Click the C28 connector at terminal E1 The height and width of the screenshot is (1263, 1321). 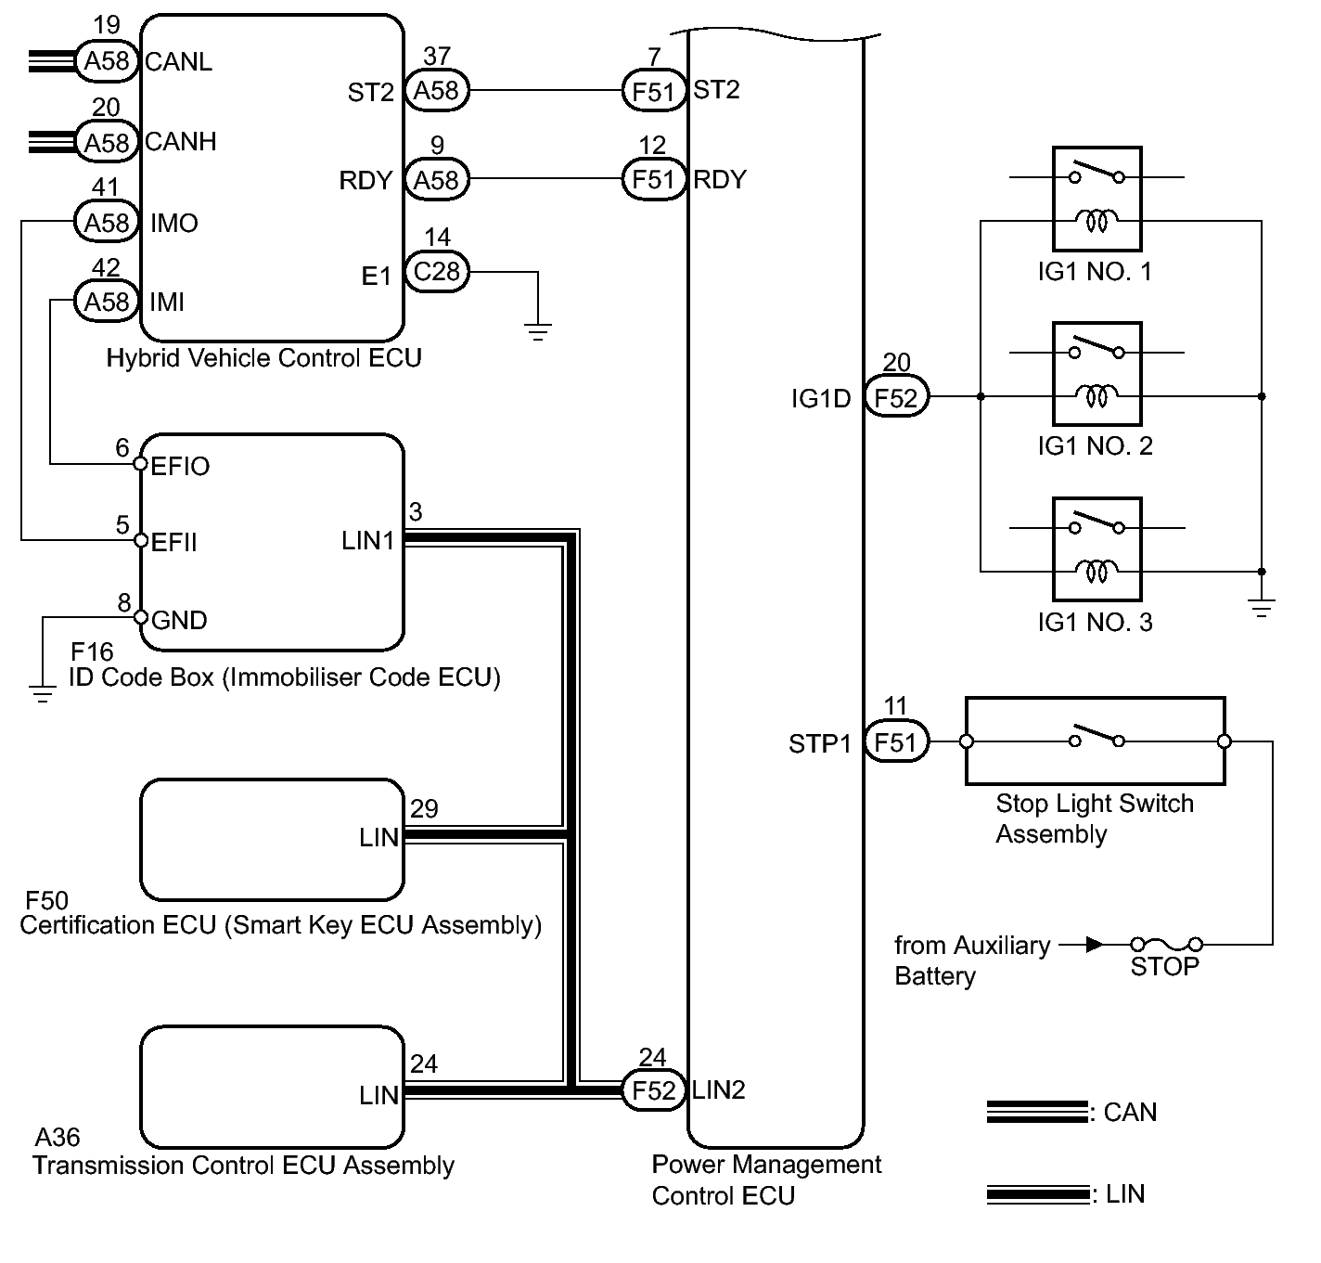point(437,272)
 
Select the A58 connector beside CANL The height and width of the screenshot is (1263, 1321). point(107,61)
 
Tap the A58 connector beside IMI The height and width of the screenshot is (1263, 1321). point(107,303)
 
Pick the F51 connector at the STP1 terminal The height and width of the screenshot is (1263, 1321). point(896,742)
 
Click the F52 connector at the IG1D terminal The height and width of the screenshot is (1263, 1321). point(896,398)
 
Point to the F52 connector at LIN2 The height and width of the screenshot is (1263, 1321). point(653,1090)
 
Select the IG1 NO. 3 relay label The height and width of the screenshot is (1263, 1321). point(1095,622)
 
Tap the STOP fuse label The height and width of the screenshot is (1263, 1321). point(1164,967)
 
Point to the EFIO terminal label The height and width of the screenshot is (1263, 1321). point(180,466)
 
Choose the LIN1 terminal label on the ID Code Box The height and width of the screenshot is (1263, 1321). point(368,541)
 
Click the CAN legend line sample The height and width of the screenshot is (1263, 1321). point(1037,1112)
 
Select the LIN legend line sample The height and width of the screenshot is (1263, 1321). point(1037,1193)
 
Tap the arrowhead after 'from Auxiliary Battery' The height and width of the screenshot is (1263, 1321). point(1095,945)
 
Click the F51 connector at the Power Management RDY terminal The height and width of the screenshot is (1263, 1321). point(653,180)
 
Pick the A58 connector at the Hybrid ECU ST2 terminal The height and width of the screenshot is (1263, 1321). point(437,91)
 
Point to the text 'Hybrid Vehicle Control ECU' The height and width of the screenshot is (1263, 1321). point(263,358)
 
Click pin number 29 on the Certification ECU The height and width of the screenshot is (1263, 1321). point(424,808)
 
